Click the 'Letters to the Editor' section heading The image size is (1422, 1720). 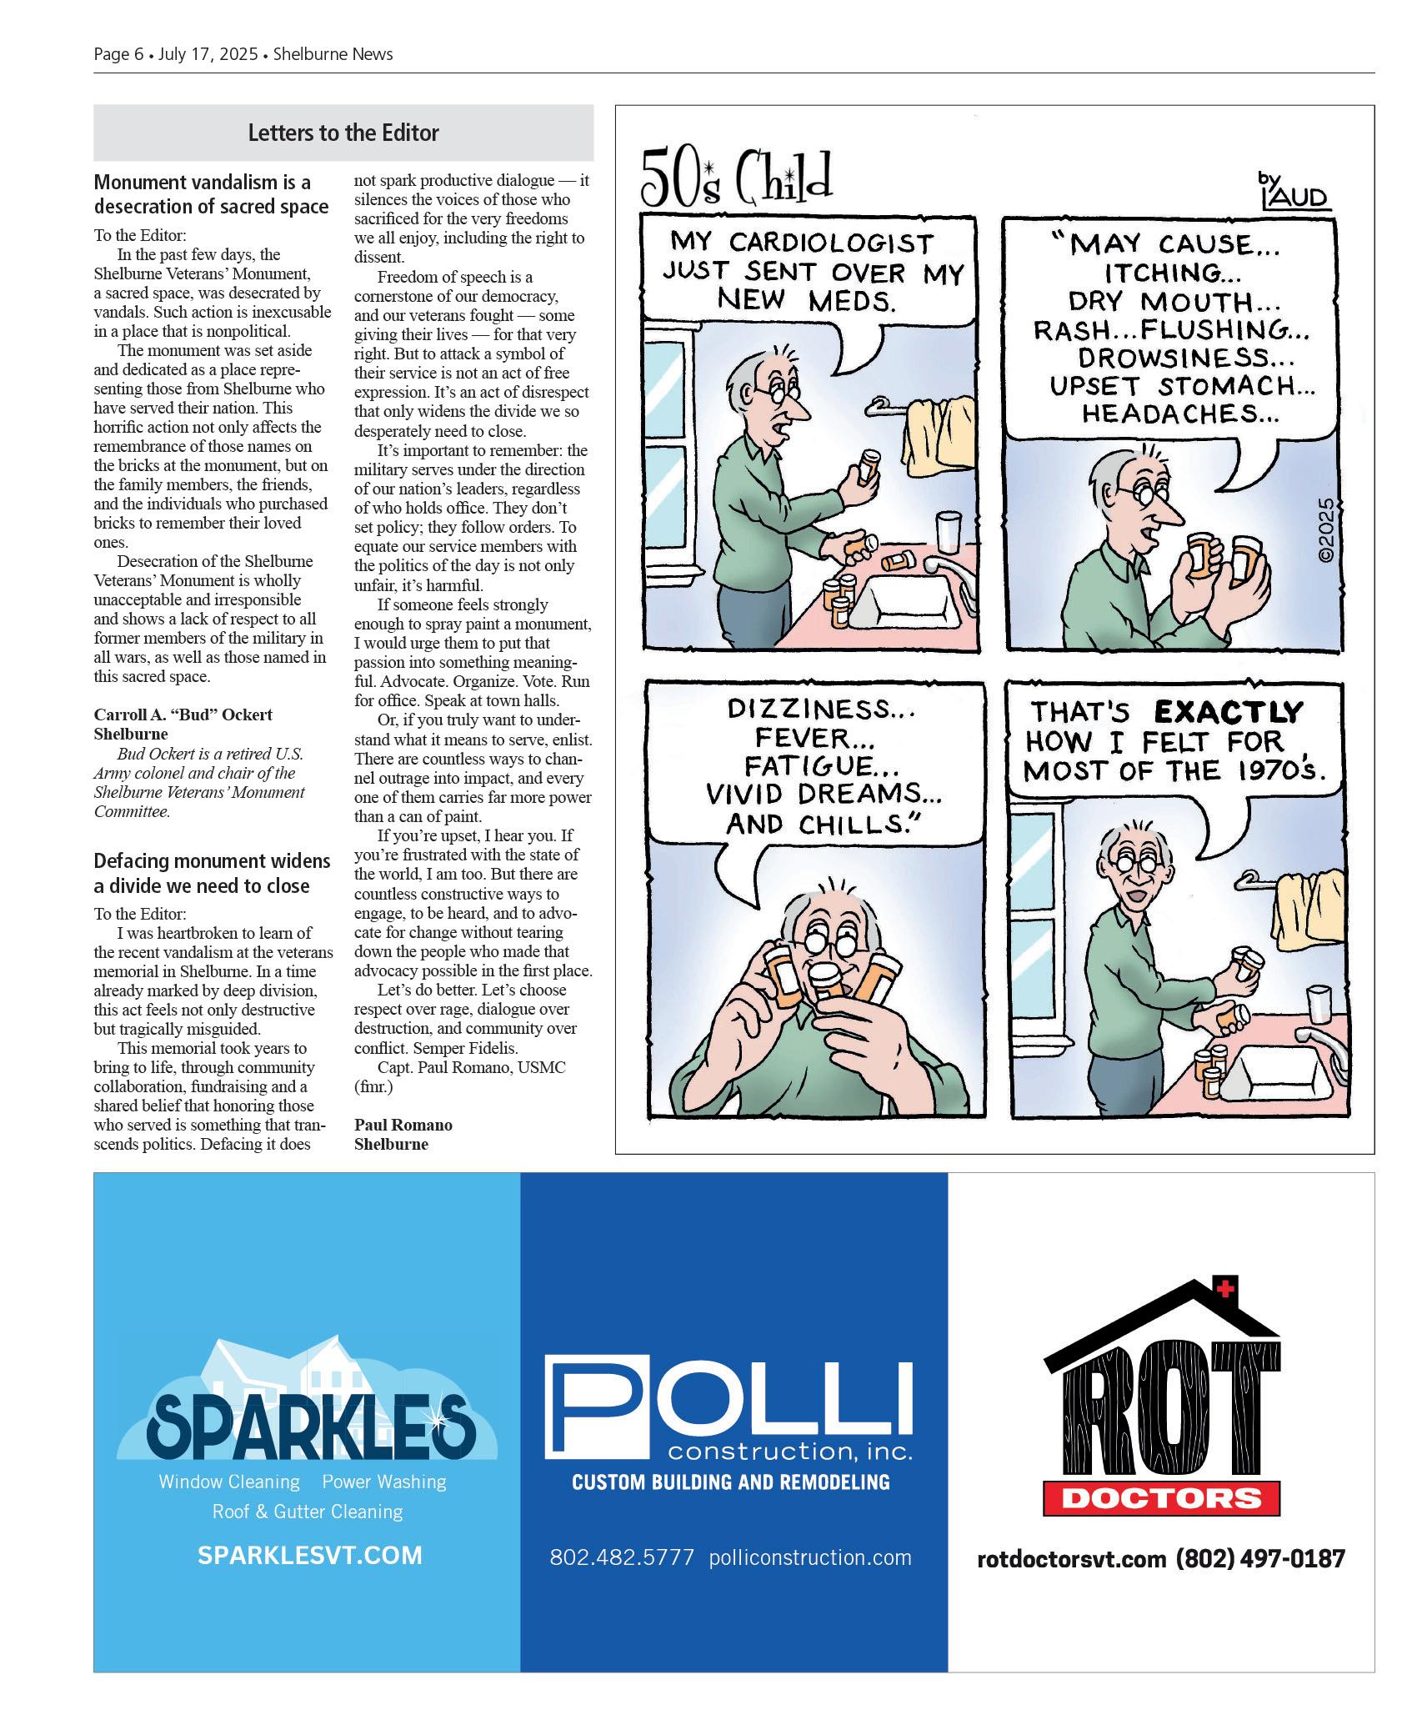coord(343,133)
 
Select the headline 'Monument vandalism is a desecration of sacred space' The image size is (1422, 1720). coord(211,194)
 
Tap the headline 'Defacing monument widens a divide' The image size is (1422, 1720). coord(212,873)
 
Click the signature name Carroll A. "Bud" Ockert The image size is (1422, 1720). coord(183,715)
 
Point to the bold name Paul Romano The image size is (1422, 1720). coord(403,1125)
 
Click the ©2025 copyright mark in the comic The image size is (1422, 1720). coord(1326,531)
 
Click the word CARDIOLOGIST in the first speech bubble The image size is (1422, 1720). coord(830,243)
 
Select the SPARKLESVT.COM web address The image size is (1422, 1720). coord(309,1556)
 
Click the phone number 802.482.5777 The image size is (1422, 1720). coord(621,1557)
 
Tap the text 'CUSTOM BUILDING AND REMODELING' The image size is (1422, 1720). coord(730,1482)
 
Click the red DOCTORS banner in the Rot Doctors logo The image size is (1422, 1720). coord(1162,1499)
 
